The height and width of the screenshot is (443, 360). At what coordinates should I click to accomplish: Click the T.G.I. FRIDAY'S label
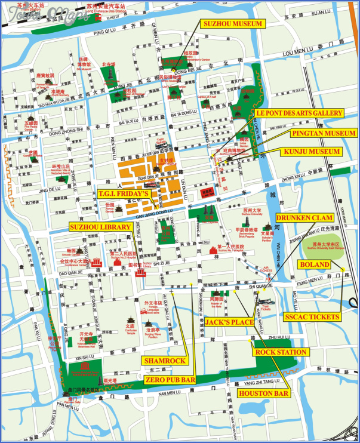pyautogui.click(x=124, y=194)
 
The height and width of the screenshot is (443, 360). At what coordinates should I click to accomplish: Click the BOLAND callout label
pyautogui.click(x=315, y=264)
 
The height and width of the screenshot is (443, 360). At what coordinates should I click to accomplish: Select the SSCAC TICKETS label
pyautogui.click(x=312, y=316)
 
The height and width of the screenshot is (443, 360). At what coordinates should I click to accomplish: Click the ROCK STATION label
pyautogui.click(x=281, y=352)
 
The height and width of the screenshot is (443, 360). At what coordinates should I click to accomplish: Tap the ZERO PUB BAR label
pyautogui.click(x=170, y=380)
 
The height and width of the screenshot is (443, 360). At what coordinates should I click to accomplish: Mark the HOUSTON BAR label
pyautogui.click(x=264, y=393)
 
